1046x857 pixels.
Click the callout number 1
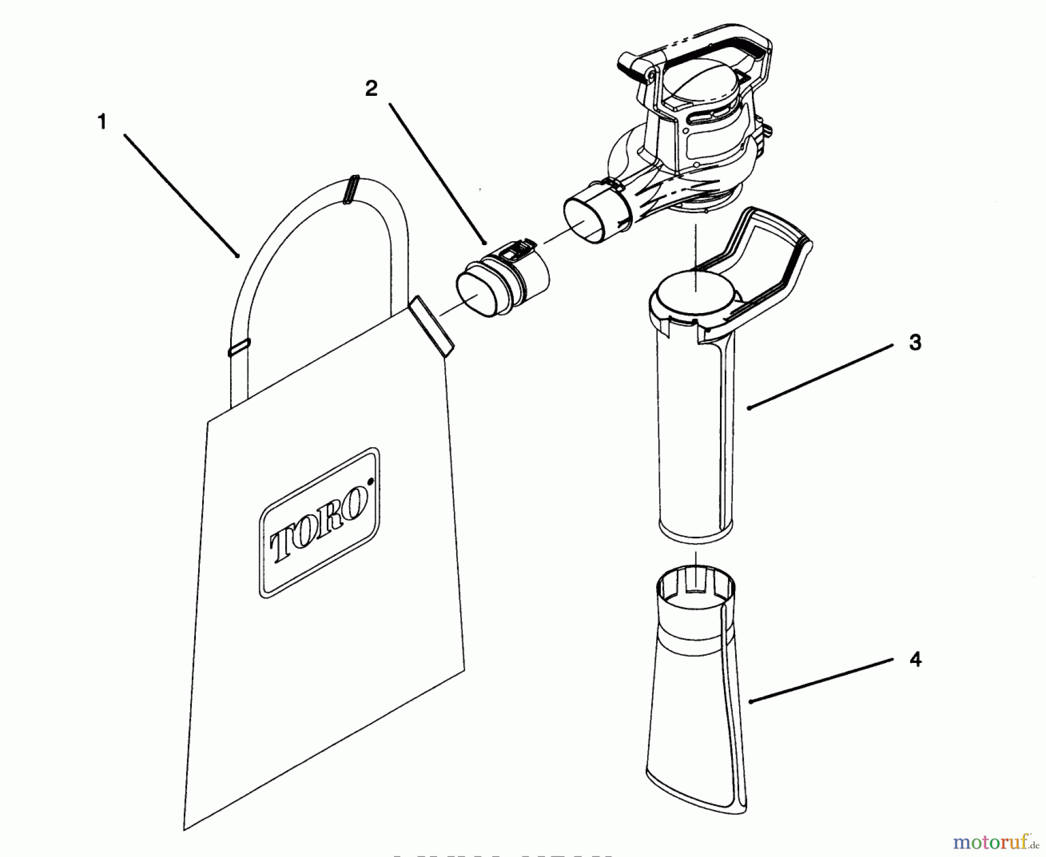click(102, 123)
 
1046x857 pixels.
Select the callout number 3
click(915, 343)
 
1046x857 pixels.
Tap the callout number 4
click(915, 660)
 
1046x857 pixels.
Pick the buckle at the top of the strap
click(351, 190)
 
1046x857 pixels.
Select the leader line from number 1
click(180, 195)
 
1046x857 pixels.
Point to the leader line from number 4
click(819, 681)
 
